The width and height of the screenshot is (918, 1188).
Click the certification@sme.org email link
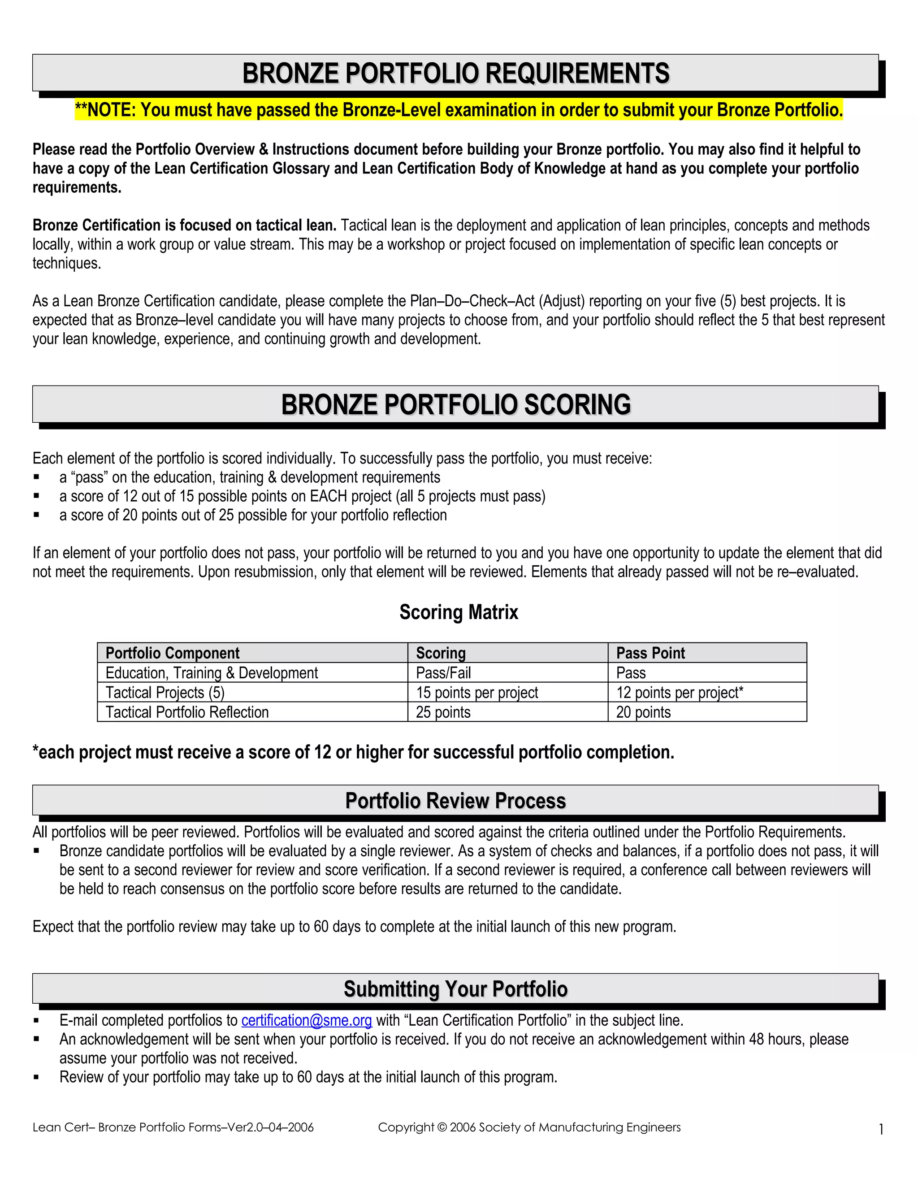[x=306, y=1020]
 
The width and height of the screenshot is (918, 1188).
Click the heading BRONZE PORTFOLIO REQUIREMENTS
[x=456, y=74]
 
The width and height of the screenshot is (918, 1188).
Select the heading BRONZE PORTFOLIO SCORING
[x=456, y=405]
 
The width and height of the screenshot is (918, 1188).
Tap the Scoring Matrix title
[x=459, y=612]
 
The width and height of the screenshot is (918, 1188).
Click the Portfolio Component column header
[x=173, y=653]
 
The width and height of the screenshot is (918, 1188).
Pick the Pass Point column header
[x=650, y=653]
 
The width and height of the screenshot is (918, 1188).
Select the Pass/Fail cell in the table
[x=443, y=673]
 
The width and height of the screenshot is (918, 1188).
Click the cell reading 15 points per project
[x=477, y=693]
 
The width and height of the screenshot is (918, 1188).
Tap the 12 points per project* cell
[x=679, y=693]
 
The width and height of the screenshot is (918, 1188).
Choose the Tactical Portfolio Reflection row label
[x=187, y=712]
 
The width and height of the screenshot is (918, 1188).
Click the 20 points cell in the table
[x=643, y=712]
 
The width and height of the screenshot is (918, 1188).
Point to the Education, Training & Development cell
[x=212, y=673]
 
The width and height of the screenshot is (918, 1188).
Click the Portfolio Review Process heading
[x=456, y=801]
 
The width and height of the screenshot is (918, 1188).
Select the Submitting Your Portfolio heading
[x=456, y=989]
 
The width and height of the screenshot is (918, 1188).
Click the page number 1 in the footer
[x=881, y=1130]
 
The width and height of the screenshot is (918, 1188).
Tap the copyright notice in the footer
[x=529, y=1127]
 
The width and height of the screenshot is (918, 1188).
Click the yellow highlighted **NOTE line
[x=459, y=110]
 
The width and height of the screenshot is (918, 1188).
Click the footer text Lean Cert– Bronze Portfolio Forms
[x=173, y=1127]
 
